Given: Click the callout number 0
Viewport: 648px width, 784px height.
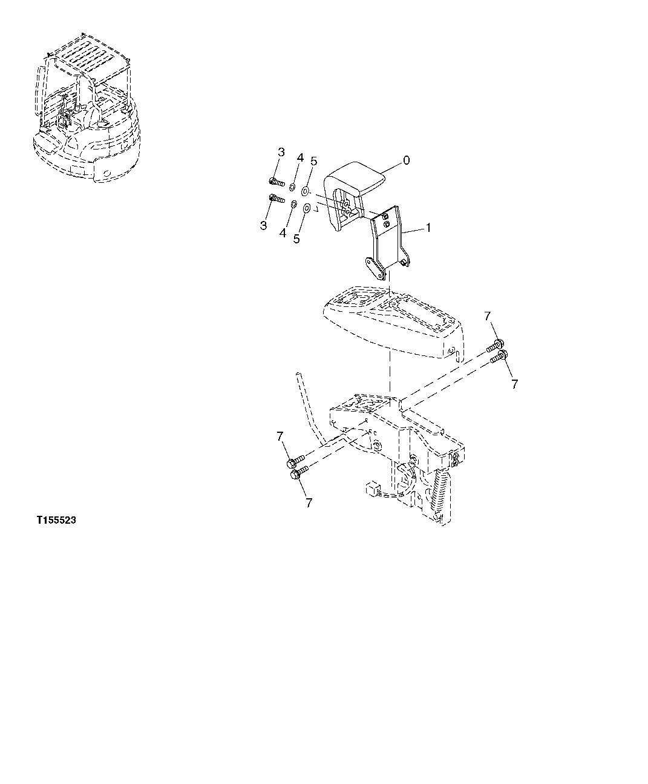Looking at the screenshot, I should tap(406, 160).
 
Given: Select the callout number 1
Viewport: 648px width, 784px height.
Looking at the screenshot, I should tap(428, 228).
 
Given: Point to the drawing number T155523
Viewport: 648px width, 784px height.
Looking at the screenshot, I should tap(56, 520).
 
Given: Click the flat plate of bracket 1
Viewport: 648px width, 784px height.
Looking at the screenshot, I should tap(388, 233).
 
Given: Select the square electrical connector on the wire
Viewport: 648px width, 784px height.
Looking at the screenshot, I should tap(371, 489).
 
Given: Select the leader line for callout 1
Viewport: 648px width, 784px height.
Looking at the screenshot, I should tap(414, 231).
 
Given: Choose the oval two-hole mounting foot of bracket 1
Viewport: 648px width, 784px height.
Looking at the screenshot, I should tap(376, 268).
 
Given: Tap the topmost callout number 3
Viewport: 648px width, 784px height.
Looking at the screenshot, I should tap(281, 152).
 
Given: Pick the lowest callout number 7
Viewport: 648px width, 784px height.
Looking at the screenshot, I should tap(309, 502).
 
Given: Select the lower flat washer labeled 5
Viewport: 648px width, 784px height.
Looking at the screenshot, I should tap(307, 209).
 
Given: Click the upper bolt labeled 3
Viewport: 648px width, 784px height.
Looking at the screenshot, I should tap(275, 180).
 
